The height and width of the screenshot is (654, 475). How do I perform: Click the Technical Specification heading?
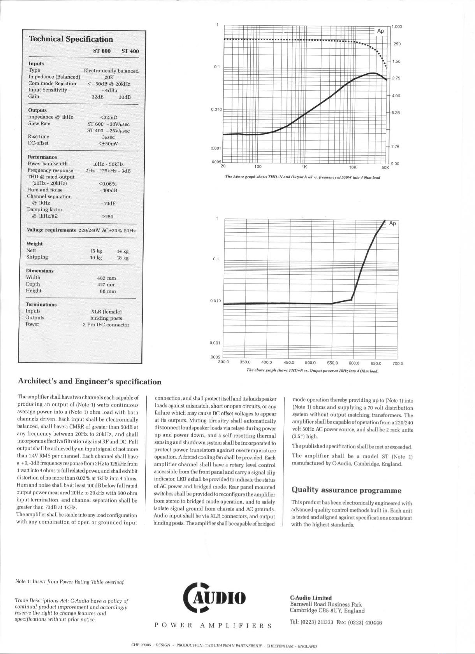[x=71, y=39]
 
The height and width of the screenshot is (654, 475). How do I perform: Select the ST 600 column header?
[x=102, y=51]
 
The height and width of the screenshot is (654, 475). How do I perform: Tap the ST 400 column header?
[x=130, y=51]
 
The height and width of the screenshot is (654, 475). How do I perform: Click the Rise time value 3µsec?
[x=108, y=137]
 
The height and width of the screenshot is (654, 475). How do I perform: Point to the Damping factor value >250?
[x=107, y=217]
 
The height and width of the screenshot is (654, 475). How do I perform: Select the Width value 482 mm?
[x=106, y=278]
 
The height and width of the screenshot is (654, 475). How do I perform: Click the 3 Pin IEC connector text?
[x=106, y=325]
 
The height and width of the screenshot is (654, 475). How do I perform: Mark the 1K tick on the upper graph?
[x=304, y=167]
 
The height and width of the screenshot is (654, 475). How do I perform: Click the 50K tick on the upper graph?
[x=385, y=167]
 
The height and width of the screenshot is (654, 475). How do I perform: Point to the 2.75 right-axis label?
[x=396, y=78]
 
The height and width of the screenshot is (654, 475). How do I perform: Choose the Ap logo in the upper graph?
[x=380, y=31]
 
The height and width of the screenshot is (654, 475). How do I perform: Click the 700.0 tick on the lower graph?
[x=398, y=364]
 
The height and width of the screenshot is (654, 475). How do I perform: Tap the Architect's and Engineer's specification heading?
[x=90, y=381]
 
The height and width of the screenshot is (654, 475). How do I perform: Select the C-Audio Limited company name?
[x=311, y=598]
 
